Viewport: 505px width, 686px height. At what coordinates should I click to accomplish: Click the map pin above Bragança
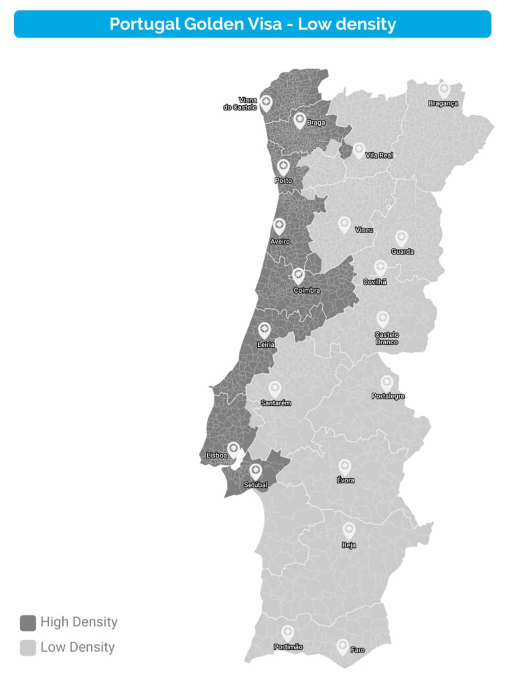[x=443, y=89]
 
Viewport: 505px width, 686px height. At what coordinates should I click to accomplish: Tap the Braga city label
[x=315, y=123]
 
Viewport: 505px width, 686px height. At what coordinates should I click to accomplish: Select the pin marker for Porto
[x=283, y=167]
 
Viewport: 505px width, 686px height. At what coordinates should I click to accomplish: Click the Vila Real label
[x=379, y=155]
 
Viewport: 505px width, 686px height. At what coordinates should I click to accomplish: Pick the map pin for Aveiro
[x=279, y=226]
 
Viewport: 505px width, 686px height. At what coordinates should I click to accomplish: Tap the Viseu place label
[x=364, y=230]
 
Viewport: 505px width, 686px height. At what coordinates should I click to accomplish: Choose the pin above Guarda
[x=401, y=238]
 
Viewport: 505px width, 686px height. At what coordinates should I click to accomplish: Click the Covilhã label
[x=375, y=282]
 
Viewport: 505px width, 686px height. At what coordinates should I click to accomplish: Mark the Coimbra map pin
[x=299, y=275]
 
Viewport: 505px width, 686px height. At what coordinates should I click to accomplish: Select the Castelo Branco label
[x=386, y=338]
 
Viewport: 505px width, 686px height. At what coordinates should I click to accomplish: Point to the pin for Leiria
[x=265, y=330]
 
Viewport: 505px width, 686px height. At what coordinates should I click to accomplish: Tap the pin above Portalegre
[x=386, y=383]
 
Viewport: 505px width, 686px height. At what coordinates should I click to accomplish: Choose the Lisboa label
[x=216, y=455]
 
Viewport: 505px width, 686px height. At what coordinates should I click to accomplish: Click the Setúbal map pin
[x=255, y=471]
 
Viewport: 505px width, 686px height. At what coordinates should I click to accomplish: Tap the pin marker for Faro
[x=342, y=646]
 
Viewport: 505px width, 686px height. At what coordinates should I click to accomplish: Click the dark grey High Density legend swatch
[x=27, y=623]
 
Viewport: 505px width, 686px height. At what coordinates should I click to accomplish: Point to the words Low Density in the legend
[x=78, y=647]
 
